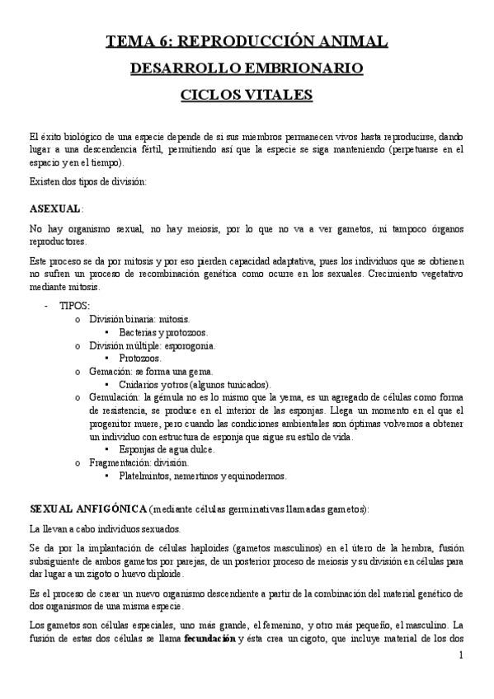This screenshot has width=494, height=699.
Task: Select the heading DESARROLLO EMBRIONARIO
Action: click(x=247, y=68)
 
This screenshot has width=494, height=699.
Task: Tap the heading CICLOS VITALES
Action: click(x=247, y=95)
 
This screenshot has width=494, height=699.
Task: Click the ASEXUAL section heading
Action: click(x=54, y=208)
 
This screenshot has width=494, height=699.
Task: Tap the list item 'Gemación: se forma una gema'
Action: click(x=151, y=372)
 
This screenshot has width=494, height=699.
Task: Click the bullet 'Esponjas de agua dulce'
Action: click(x=167, y=449)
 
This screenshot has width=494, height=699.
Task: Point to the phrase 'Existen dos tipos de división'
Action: click(x=87, y=181)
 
